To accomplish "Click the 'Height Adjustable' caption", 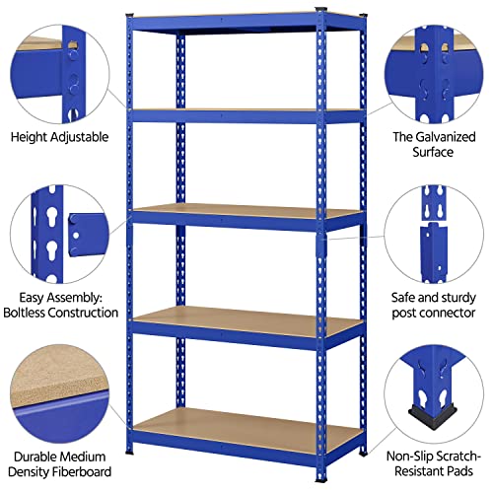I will click(x=60, y=137).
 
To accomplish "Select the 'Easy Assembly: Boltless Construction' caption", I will click(x=61, y=304).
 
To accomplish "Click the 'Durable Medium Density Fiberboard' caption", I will click(x=60, y=463).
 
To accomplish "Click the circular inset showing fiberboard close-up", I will click(x=59, y=394).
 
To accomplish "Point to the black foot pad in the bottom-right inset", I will click(x=425, y=412).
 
